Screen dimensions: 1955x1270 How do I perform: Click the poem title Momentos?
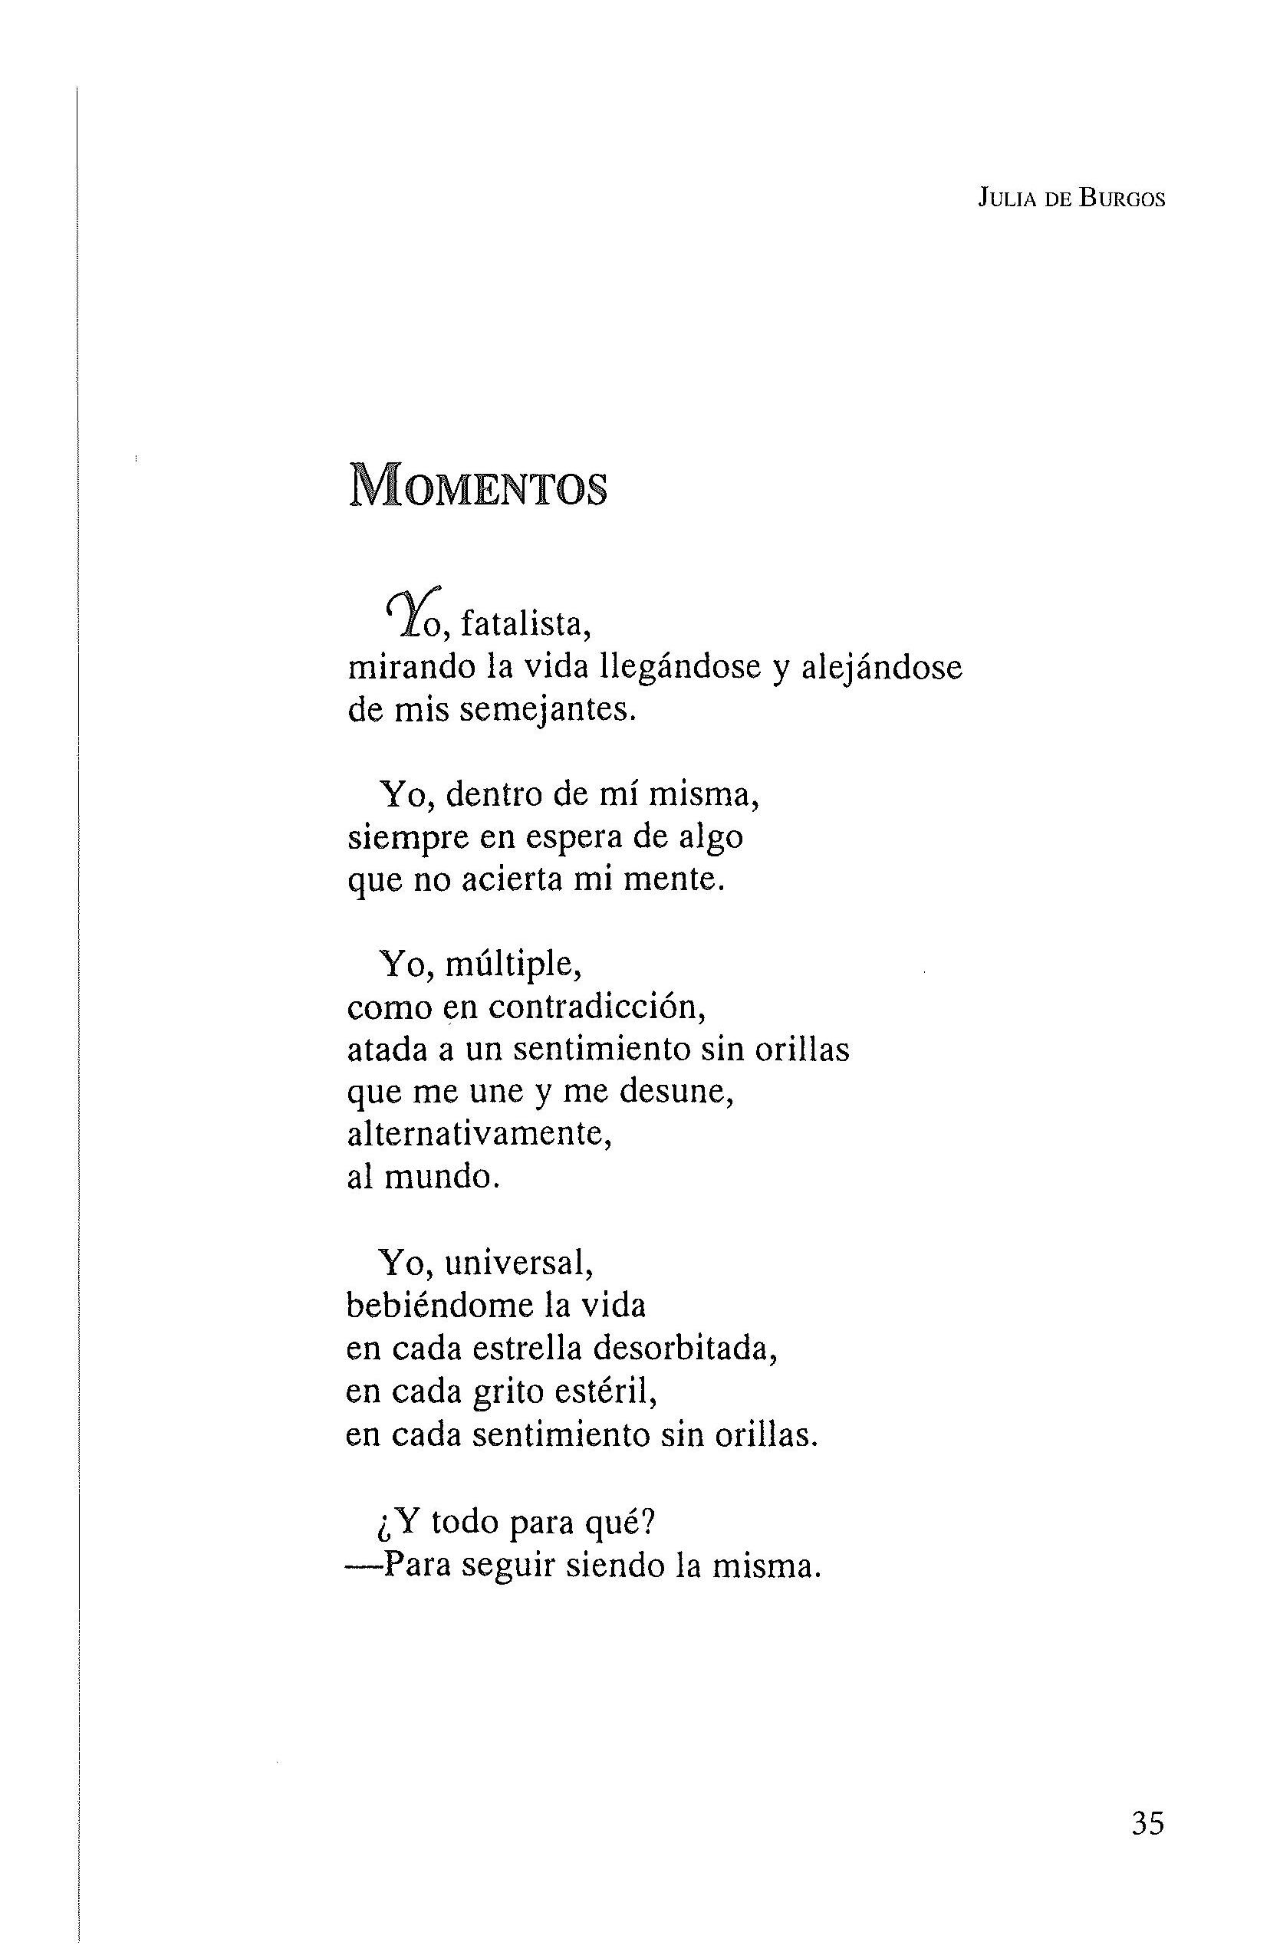coord(478,485)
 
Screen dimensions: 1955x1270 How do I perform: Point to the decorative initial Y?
coord(404,613)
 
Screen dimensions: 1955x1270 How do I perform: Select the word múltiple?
coord(513,964)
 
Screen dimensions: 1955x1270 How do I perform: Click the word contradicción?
coord(597,1006)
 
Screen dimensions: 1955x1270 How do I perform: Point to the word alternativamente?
coord(481,1135)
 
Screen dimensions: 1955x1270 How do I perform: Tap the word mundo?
coord(441,1177)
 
